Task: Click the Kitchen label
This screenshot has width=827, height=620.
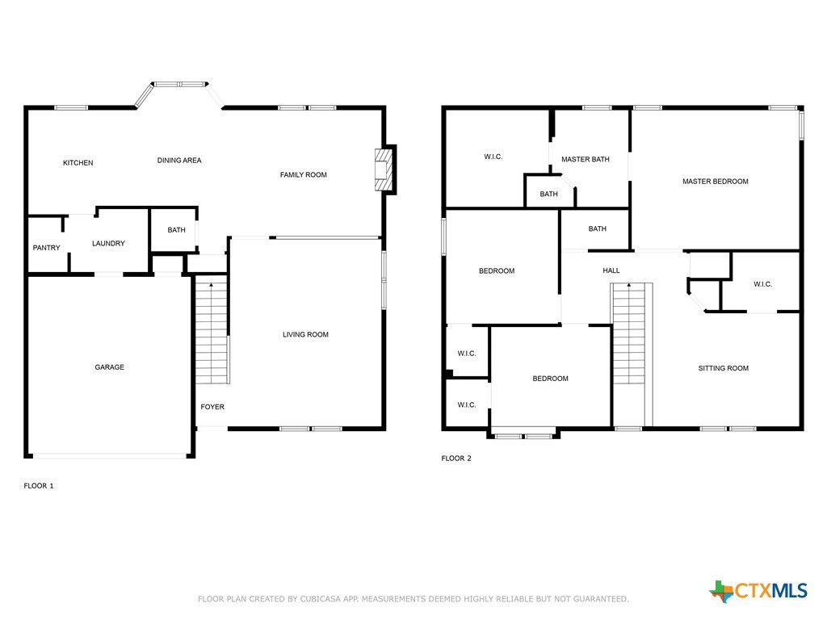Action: (x=78, y=163)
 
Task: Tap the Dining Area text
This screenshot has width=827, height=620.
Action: (x=179, y=161)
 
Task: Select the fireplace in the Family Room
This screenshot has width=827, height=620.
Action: (x=384, y=170)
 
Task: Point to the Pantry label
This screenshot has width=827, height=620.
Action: (x=46, y=248)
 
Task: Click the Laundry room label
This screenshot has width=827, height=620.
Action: (x=109, y=244)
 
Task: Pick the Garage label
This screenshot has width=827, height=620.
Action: (x=110, y=367)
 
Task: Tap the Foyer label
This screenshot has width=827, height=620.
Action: (x=212, y=407)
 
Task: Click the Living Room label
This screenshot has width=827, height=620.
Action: (x=305, y=335)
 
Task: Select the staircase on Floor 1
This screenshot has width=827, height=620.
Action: (x=212, y=333)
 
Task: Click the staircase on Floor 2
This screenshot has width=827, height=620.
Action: (x=628, y=333)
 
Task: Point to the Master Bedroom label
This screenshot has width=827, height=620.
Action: (x=716, y=182)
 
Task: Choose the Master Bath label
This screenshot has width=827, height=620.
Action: (x=586, y=159)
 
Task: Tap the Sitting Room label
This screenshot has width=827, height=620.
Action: (x=724, y=368)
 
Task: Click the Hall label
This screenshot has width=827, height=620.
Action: (x=611, y=270)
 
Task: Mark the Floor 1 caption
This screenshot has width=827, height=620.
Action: (x=39, y=486)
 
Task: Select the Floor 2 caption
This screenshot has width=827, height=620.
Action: (x=456, y=459)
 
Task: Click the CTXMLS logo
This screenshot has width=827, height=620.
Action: (x=758, y=591)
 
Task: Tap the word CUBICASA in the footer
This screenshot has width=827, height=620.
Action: (x=321, y=599)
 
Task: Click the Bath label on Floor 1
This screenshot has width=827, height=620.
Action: (x=176, y=230)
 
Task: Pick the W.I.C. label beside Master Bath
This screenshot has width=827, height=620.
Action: (x=493, y=157)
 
